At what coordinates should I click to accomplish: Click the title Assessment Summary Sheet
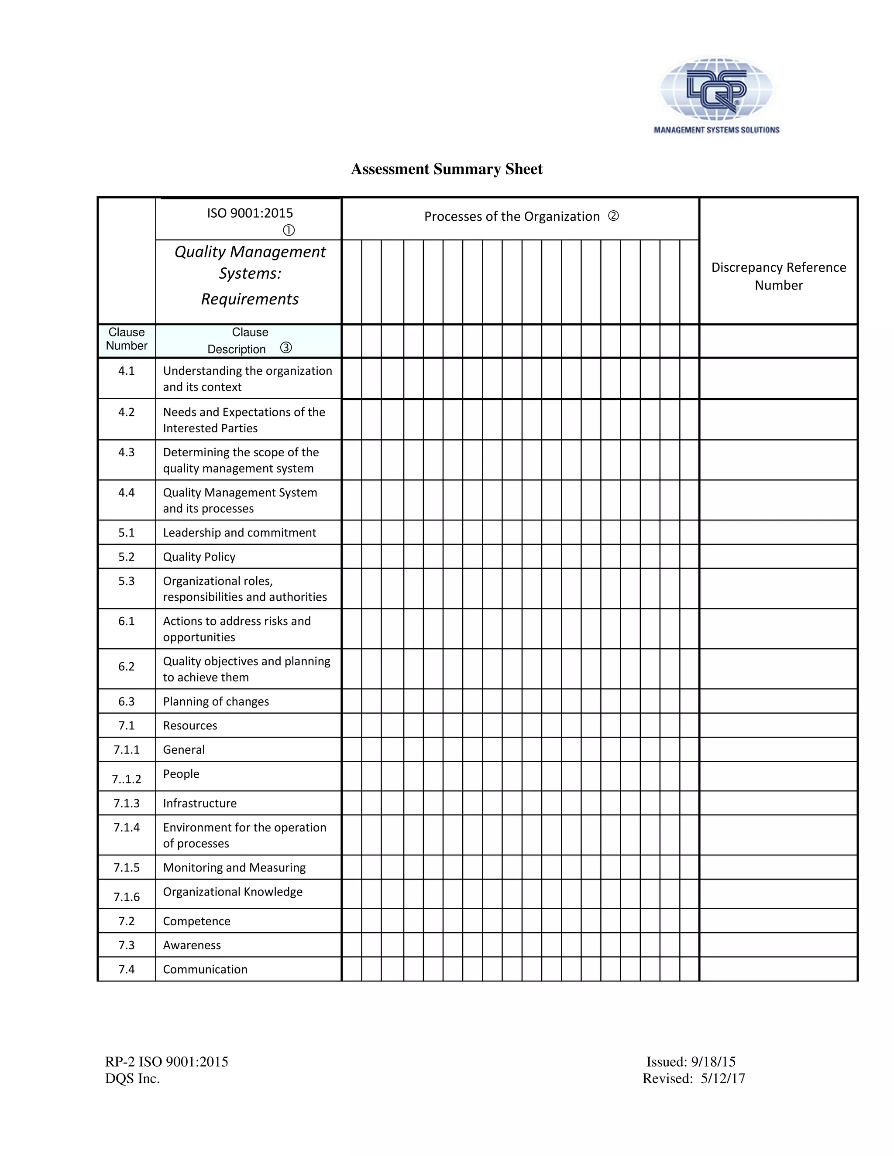[x=447, y=169]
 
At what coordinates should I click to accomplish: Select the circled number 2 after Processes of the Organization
[x=613, y=216]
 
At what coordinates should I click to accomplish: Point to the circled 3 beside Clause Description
[x=286, y=348]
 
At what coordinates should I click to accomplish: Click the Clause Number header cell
[x=127, y=339]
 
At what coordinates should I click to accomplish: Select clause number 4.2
[x=127, y=412]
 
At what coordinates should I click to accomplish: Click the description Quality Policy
[x=199, y=557]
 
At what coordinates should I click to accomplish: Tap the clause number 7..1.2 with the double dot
[x=127, y=779]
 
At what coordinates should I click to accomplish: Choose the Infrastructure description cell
[x=199, y=803]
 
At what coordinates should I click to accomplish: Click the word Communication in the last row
[x=205, y=969]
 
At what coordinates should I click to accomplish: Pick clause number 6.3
[x=127, y=701]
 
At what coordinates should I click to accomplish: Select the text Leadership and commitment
[x=239, y=533]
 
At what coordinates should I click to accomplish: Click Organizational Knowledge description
[x=233, y=892]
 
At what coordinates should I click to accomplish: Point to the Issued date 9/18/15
[x=713, y=1062]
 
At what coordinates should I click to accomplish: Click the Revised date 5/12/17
[x=722, y=1079]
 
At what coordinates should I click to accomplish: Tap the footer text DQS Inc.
[x=132, y=1079]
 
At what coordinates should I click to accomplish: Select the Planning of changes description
[x=216, y=701]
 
